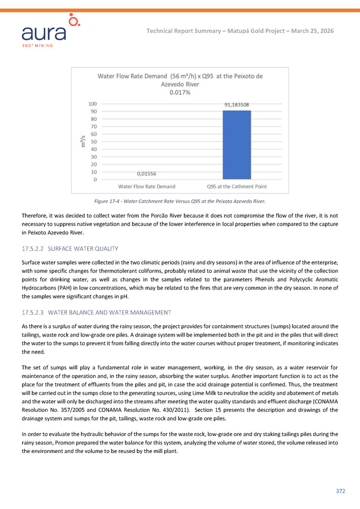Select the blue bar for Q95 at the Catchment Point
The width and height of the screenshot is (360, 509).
(237, 145)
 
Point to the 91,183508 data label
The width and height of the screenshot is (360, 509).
(237, 105)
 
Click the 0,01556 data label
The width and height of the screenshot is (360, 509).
(146, 174)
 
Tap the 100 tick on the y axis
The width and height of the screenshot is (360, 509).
(92, 104)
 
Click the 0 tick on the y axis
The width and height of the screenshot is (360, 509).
(94, 180)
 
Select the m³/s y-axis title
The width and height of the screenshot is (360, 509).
(84, 142)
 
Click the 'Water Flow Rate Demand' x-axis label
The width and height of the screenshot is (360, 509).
(146, 187)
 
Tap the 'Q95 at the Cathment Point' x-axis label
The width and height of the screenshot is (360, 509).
(237, 187)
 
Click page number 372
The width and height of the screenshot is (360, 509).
(340, 491)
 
